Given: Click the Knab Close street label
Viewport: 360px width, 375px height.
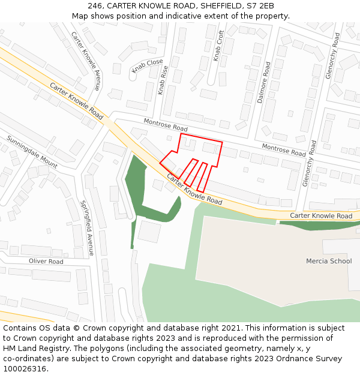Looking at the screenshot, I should click(x=147, y=65).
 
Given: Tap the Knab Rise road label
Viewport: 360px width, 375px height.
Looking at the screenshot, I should click(x=162, y=80).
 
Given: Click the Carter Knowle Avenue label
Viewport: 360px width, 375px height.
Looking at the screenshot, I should click(x=86, y=61).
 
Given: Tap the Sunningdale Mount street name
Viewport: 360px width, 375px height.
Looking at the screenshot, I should click(x=32, y=152).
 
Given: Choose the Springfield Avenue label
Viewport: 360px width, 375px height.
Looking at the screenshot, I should click(x=87, y=228).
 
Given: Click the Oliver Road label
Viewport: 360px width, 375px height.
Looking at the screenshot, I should click(x=46, y=262).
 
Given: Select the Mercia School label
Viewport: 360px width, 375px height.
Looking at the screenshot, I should click(x=329, y=261).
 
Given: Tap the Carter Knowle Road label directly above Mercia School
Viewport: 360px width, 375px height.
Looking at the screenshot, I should click(x=321, y=216).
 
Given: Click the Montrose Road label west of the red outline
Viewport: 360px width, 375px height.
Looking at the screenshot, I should click(x=166, y=125).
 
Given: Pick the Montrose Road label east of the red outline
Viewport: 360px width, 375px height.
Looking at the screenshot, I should click(x=284, y=149).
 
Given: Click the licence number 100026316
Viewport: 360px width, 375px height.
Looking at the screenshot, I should click(x=24, y=368).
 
